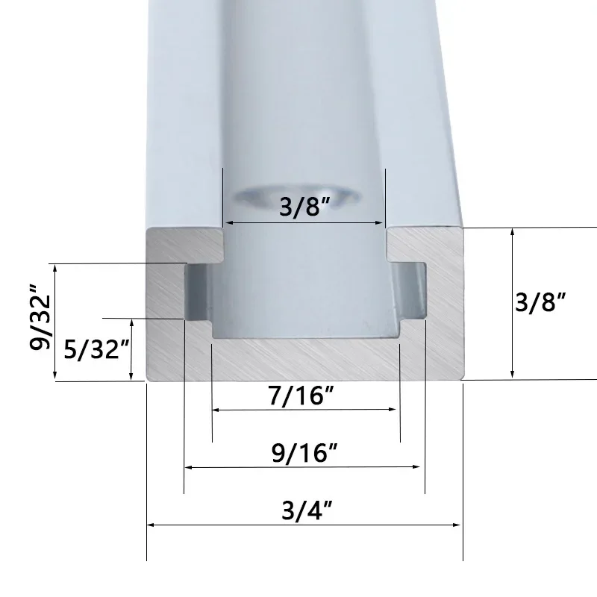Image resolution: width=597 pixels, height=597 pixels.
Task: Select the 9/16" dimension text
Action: pyautogui.click(x=303, y=453)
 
